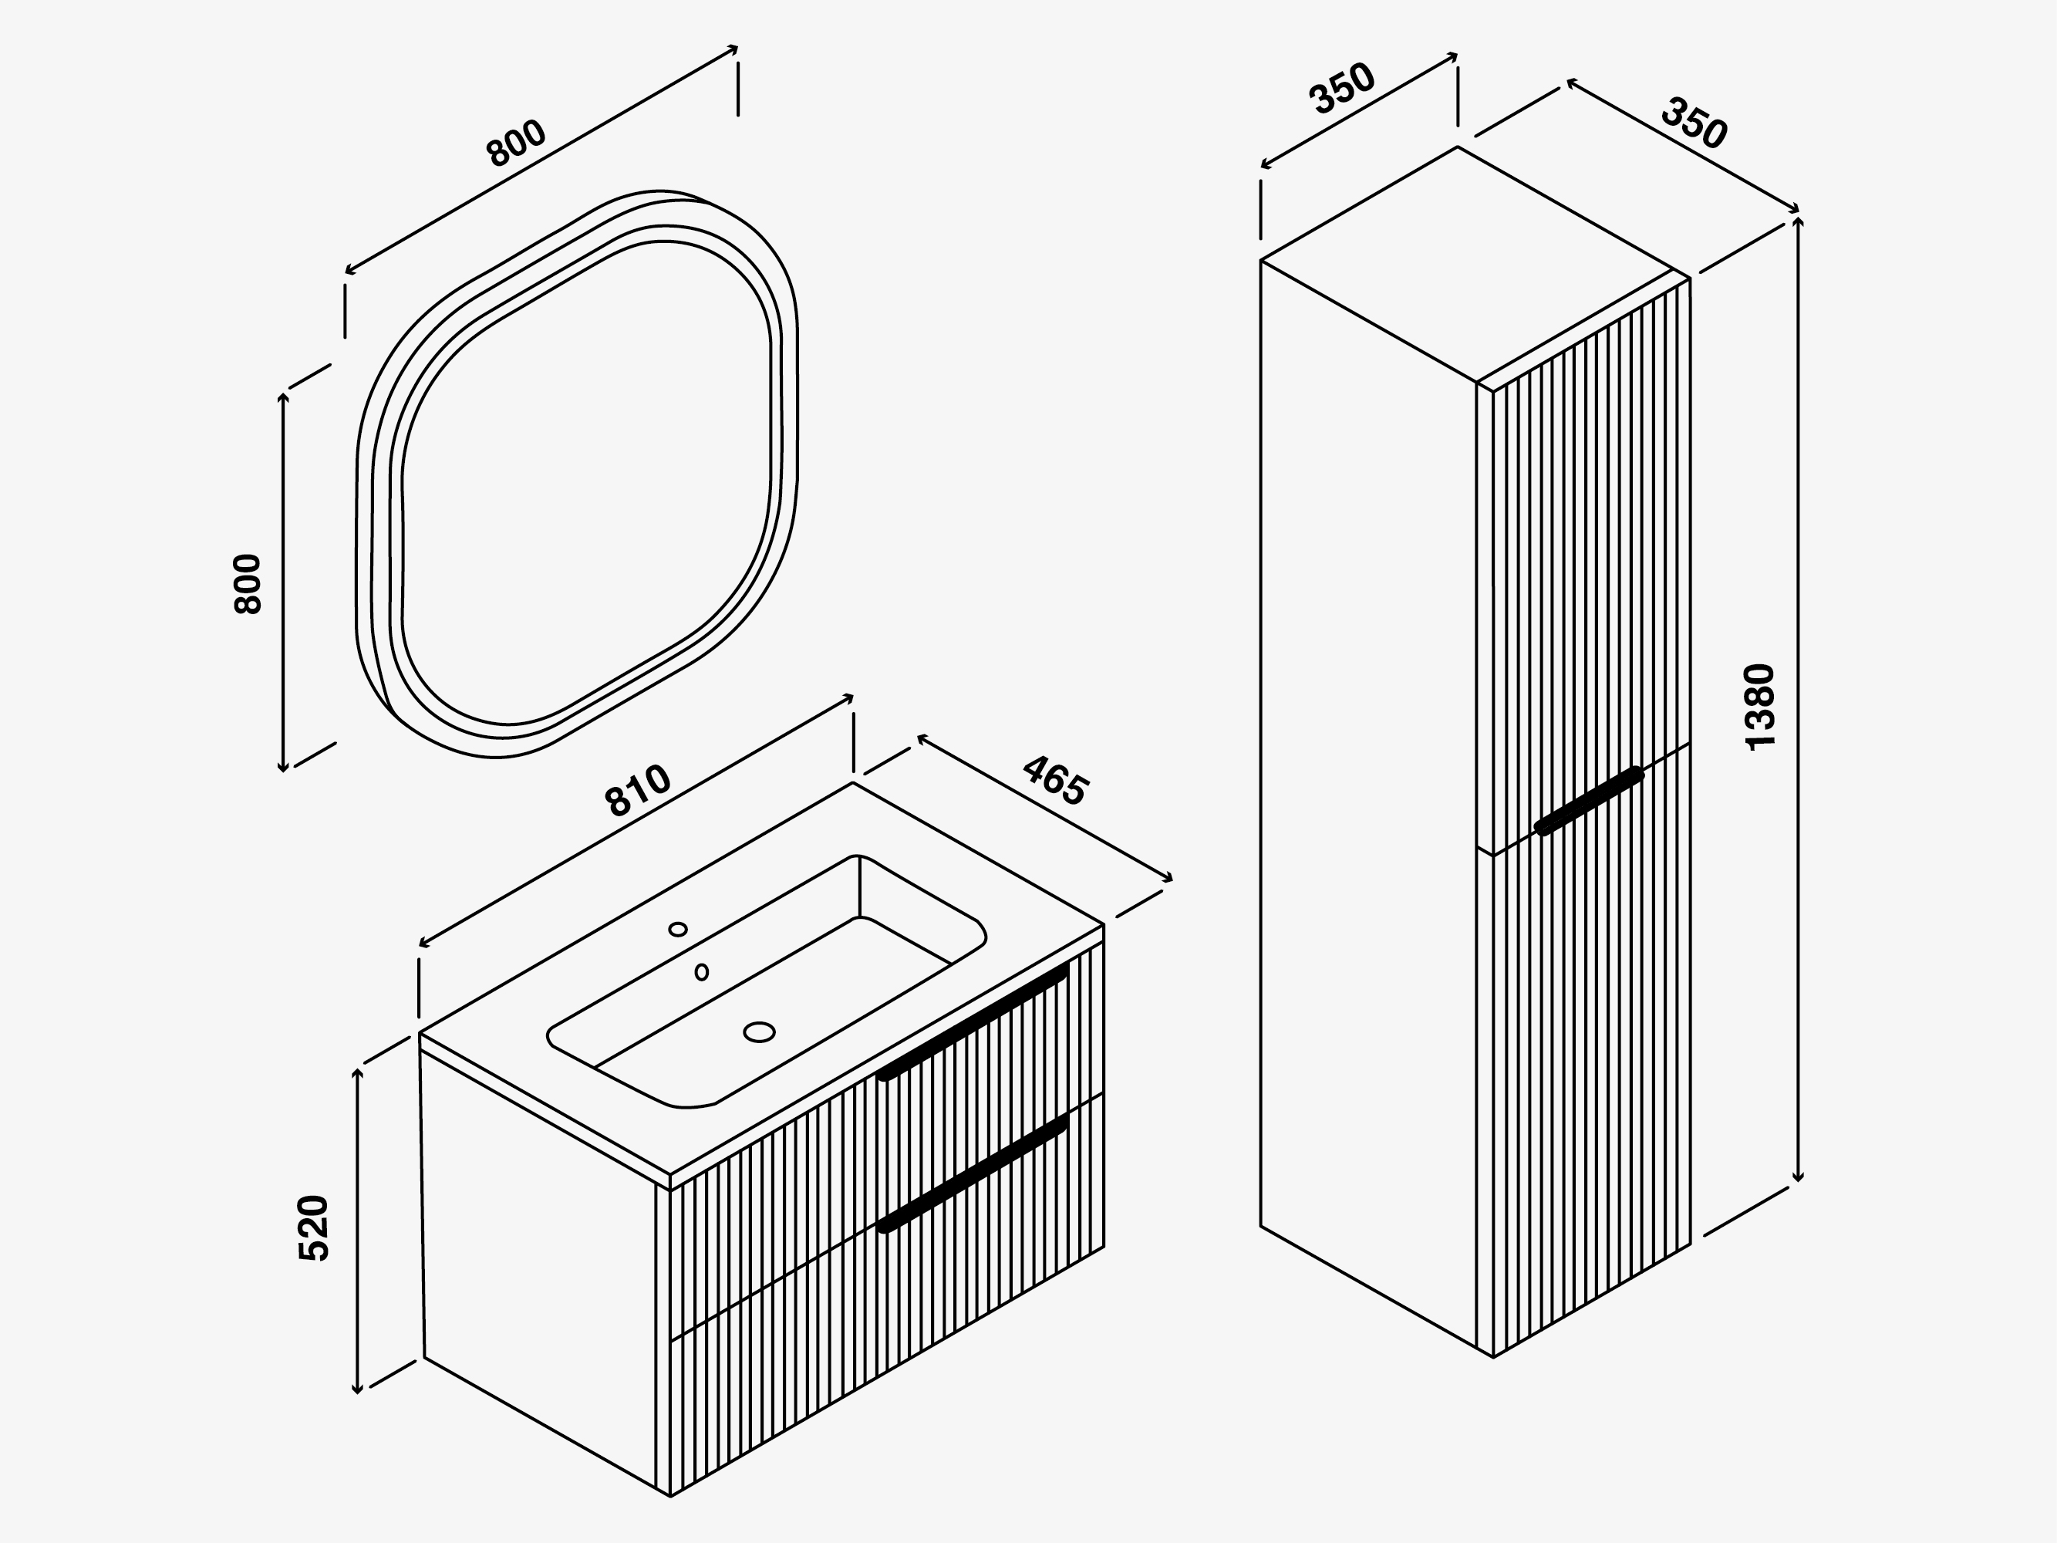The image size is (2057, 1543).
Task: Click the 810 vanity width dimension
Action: click(x=638, y=790)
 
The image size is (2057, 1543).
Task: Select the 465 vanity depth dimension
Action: click(x=1054, y=780)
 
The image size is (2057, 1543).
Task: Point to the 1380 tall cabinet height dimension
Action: click(x=1760, y=706)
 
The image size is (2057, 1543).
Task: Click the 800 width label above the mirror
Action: click(x=517, y=143)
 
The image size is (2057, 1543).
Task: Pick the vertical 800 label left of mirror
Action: click(x=248, y=584)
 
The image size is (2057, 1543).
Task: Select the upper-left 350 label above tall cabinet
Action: click(x=1341, y=89)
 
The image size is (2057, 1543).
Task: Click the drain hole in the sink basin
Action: click(x=760, y=1031)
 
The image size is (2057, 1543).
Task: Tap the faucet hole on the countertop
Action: click(x=678, y=929)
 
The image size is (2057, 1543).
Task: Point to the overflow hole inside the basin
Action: click(x=702, y=972)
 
